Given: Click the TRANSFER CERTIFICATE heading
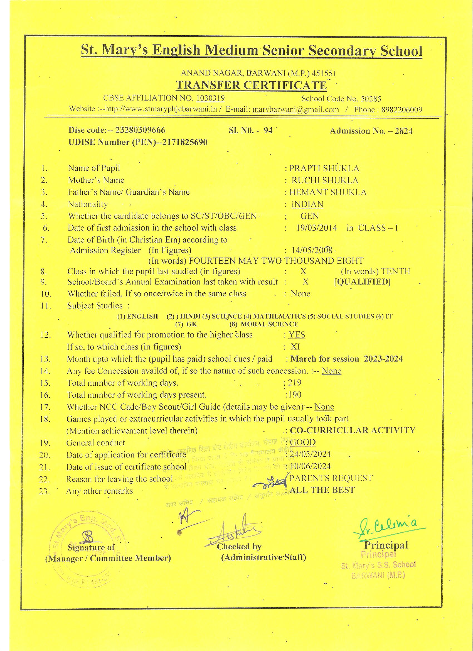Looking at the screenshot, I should click(x=251, y=85).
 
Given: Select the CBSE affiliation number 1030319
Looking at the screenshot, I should click(x=210, y=98).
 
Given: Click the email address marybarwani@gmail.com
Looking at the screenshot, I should click(x=295, y=109).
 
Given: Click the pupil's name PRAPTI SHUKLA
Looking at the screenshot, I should click(x=324, y=168).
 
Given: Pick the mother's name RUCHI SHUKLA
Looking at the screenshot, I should click(x=325, y=180).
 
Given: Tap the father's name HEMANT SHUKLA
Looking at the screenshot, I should click(x=328, y=192).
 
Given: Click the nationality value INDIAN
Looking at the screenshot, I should click(x=307, y=204).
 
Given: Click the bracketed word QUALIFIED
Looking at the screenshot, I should click(x=363, y=282).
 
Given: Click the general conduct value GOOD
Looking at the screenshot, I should click(x=303, y=442).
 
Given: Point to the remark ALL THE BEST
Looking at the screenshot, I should click(x=322, y=490).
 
